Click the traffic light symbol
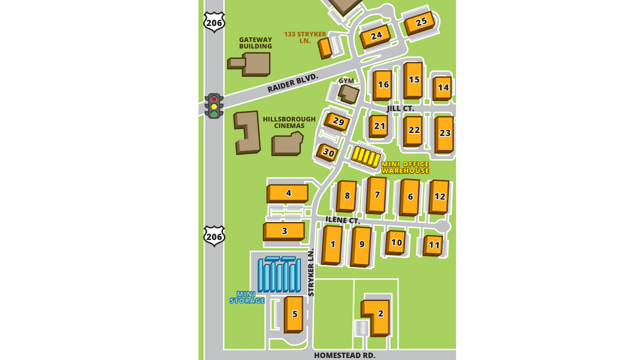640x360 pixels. point(214,106)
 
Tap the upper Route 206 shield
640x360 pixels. point(214,22)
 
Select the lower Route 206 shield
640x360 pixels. point(214,236)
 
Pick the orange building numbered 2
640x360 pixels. point(379,314)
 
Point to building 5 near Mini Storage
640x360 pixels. point(294,314)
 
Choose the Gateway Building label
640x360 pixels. point(255,43)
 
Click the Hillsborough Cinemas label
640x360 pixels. point(289,122)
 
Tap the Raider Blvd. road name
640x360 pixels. point(292,83)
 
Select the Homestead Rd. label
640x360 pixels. point(344,355)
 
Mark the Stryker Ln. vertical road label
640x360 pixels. point(311,272)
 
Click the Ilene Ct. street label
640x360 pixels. point(342,220)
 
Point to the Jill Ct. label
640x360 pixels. point(400,108)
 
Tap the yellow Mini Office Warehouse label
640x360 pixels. point(405,167)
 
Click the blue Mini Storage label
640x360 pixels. point(247,297)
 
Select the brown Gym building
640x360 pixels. point(348,93)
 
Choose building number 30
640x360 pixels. point(328,152)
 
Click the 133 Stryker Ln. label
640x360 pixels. point(305,37)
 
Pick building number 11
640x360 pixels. point(434,245)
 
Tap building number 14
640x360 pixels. point(443,87)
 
